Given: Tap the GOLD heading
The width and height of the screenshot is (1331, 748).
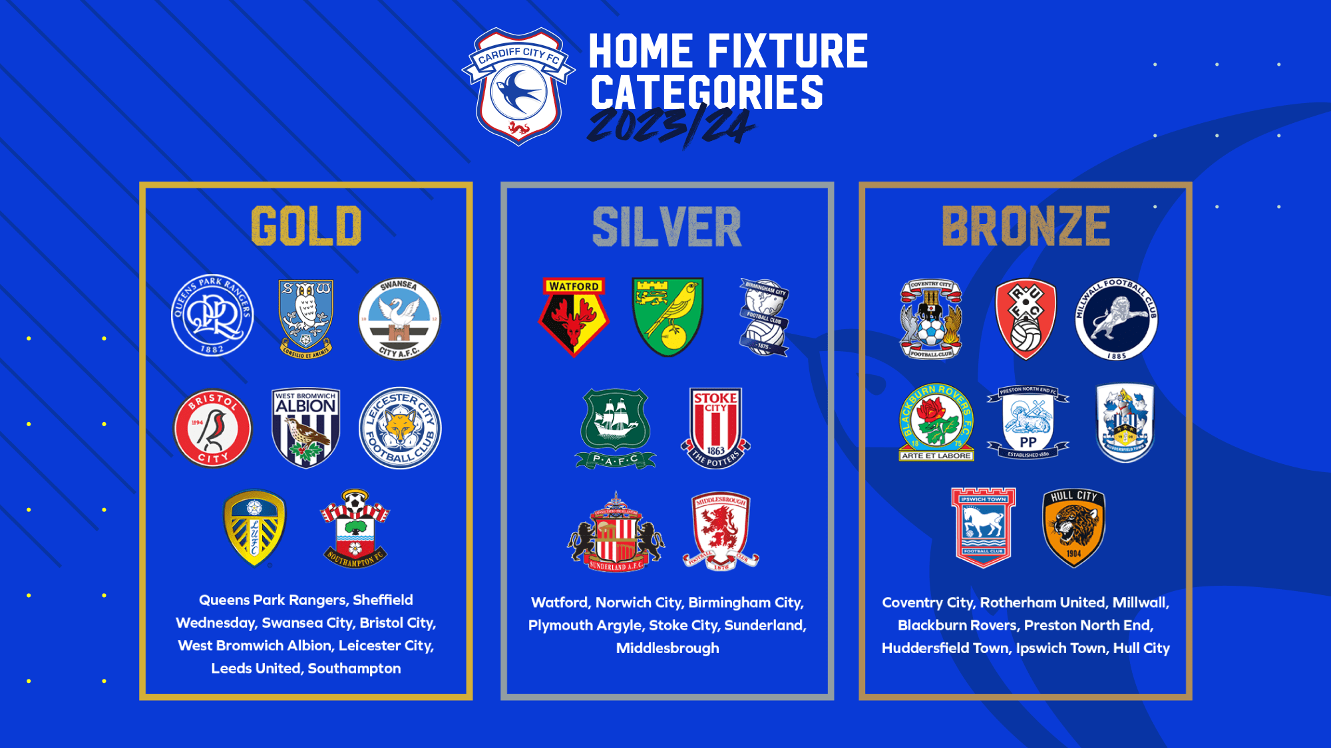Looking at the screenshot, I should [306, 226].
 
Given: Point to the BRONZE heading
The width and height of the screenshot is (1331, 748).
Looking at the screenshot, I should [1026, 227].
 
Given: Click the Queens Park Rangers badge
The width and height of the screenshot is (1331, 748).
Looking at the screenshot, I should [212, 316].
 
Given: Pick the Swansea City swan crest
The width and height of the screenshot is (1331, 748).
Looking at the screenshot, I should [399, 318].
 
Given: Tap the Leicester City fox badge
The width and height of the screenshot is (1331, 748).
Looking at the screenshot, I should [400, 428].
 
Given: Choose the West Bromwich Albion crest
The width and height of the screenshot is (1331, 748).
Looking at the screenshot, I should [306, 428].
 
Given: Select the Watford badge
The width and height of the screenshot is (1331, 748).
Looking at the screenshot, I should [574, 316].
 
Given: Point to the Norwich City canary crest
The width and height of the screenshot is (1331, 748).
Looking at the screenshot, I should [667, 316].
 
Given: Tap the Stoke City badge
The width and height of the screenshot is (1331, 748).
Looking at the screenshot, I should [715, 428].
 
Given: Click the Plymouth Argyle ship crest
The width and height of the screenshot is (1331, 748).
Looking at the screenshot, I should [616, 428].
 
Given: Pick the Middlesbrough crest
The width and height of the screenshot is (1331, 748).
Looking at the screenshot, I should [721, 531].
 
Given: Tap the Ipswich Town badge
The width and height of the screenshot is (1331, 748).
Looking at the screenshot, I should [983, 528].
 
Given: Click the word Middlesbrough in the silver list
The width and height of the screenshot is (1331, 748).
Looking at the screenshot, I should [667, 648].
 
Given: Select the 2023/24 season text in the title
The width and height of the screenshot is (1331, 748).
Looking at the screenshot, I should [670, 126].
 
